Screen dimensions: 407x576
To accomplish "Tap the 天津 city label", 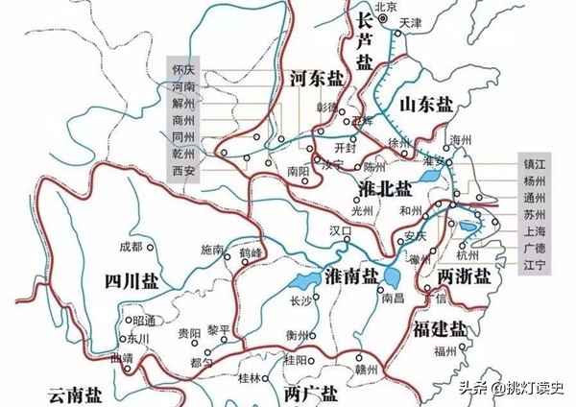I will pyautogui.click(x=411, y=21).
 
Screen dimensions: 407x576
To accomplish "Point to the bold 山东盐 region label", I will pyautogui.click(x=426, y=104).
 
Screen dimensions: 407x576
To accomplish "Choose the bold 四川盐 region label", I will pyautogui.click(x=133, y=280).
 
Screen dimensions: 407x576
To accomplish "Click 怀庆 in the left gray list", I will pyautogui.click(x=182, y=71).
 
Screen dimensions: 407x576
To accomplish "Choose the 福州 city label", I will pyautogui.click(x=445, y=351).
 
